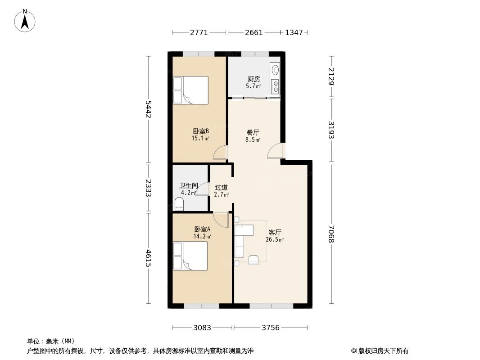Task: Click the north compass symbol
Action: click(25, 20)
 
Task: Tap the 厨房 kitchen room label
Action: click(254, 79)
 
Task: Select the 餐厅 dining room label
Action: click(253, 133)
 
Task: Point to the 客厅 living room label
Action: click(275, 233)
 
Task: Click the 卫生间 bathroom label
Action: click(188, 185)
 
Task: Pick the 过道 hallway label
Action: click(221, 188)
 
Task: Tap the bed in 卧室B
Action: click(191, 90)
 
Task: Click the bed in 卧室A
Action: click(190, 256)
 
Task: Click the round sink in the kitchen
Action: click(275, 70)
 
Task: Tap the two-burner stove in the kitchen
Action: click(275, 86)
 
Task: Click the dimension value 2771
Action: click(199, 32)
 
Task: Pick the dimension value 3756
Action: click(271, 328)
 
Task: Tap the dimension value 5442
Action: click(148, 109)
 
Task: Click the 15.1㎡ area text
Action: click(200, 139)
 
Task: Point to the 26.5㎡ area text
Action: click(275, 240)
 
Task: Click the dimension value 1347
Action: click(294, 32)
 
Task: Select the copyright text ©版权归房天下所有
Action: click(380, 351)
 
